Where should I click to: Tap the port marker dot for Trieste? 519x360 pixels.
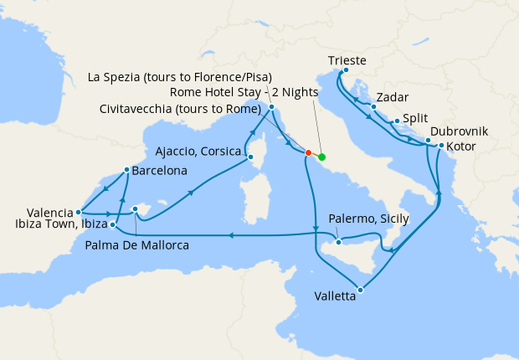coord(345,71)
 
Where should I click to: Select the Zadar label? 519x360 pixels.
coord(393,97)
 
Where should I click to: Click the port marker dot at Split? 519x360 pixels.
coord(397,121)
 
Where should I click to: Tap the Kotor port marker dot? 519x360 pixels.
coord(441,147)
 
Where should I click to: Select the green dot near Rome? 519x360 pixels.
coord(322,157)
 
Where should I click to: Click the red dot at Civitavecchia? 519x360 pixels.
coord(308,153)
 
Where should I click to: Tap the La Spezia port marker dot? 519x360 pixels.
coord(271,107)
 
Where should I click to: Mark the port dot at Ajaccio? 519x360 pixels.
coord(249,157)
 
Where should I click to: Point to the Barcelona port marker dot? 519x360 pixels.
coord(126,170)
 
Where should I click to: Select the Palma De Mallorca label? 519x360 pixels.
coord(136,245)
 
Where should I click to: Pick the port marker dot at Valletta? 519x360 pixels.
coord(360,291)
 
